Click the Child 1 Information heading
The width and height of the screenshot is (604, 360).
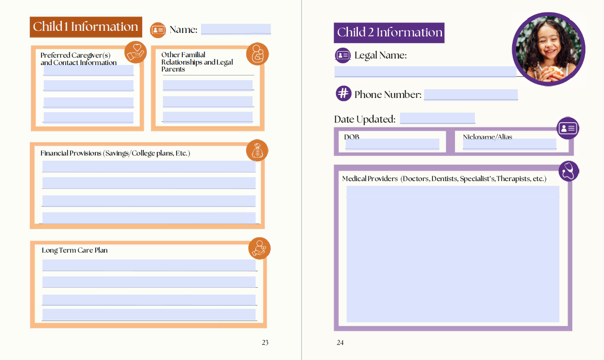[x=86, y=27]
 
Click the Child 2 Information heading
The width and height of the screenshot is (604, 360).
[x=389, y=32]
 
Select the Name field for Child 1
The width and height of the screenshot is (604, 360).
[x=236, y=29]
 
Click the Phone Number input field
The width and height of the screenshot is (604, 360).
[x=471, y=94]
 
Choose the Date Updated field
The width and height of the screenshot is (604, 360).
[x=437, y=118]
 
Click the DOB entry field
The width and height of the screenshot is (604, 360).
[x=392, y=144]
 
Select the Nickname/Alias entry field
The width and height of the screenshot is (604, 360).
[x=510, y=144]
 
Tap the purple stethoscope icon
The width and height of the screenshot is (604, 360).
[x=568, y=171]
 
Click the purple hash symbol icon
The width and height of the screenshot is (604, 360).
[x=343, y=93]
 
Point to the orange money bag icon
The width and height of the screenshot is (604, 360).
[x=257, y=151]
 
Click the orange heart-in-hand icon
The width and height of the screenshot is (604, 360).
[x=136, y=52]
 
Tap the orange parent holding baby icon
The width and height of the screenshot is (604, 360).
[x=257, y=54]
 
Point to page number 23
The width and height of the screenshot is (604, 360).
[x=265, y=343]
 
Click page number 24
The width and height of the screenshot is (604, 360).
[x=340, y=343]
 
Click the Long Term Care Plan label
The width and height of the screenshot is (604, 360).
[x=75, y=250]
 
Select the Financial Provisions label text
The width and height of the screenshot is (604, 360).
[x=115, y=153]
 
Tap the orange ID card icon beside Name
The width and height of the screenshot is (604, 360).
[x=158, y=29]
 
